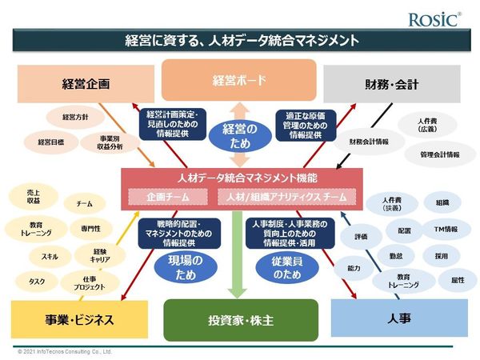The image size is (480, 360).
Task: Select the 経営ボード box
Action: [239, 80]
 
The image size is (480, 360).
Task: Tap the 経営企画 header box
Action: [85, 84]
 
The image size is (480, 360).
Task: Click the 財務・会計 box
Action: [394, 84]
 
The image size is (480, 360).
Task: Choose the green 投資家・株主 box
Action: [240, 320]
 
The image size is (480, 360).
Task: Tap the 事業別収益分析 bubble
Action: [111, 142]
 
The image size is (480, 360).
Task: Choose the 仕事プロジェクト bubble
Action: [89, 282]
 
